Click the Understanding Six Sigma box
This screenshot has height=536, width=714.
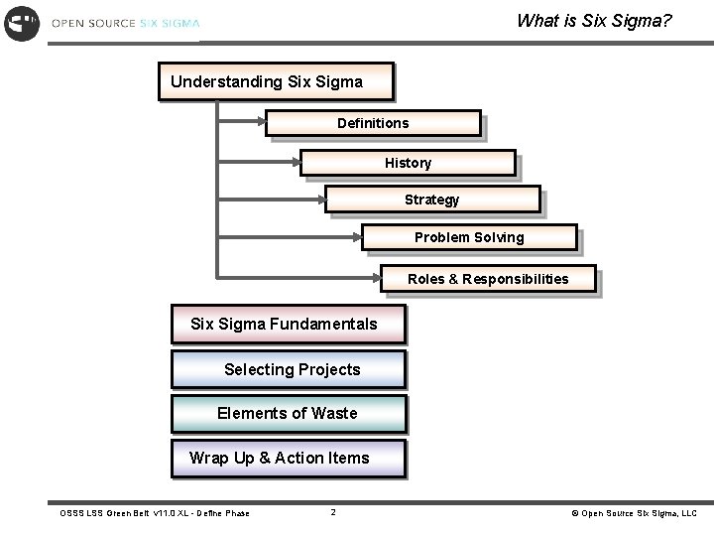coord(275,81)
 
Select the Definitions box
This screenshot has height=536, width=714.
coord(373,123)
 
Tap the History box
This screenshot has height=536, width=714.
coord(408,163)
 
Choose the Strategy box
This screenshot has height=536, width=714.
coord(432,201)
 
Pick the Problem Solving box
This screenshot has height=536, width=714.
coord(469,237)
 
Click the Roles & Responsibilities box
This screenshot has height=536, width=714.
coord(488,279)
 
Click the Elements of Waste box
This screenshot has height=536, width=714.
coord(288,414)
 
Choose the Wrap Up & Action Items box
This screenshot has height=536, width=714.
coord(288,459)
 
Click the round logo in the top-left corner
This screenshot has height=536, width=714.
coord(22,22)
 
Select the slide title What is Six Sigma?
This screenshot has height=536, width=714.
coord(594,20)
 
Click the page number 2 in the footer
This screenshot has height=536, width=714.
coord(333,512)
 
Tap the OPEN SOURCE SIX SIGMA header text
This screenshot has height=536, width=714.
coord(125,23)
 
